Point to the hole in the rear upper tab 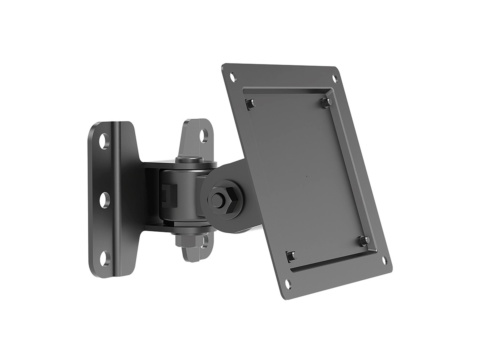click(204, 135)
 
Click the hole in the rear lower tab click(204, 241)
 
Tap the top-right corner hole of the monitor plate click(335, 78)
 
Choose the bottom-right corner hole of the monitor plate click(384, 260)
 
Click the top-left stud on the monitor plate click(250, 104)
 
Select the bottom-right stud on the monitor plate click(365, 240)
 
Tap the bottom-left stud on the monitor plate click(291, 255)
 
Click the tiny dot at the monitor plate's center click(307, 176)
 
